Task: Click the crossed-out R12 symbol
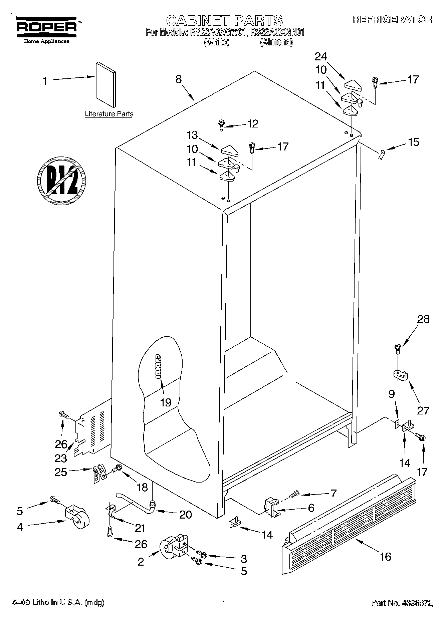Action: [61, 180]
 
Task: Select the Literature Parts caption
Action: [109, 114]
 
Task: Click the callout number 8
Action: [179, 79]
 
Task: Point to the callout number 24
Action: [321, 57]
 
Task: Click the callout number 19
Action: [166, 402]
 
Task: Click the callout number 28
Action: [423, 319]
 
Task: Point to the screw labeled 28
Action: [398, 348]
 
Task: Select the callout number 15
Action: [413, 142]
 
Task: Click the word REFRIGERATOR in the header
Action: [392, 20]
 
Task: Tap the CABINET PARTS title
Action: [224, 20]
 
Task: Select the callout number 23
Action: [61, 458]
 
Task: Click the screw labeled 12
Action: [221, 125]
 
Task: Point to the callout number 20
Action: [185, 515]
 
